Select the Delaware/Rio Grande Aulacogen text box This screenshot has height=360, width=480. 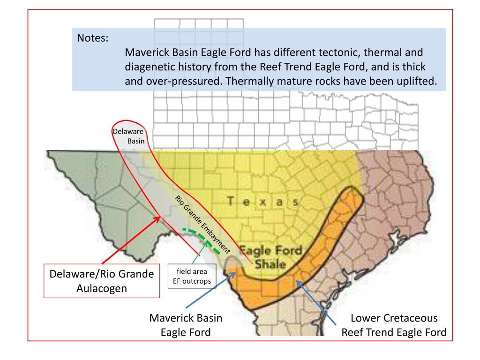101,280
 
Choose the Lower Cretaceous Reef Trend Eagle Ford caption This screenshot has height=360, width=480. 394,326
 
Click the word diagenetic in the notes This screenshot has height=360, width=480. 152,66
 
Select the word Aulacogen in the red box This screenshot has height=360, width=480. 101,288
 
